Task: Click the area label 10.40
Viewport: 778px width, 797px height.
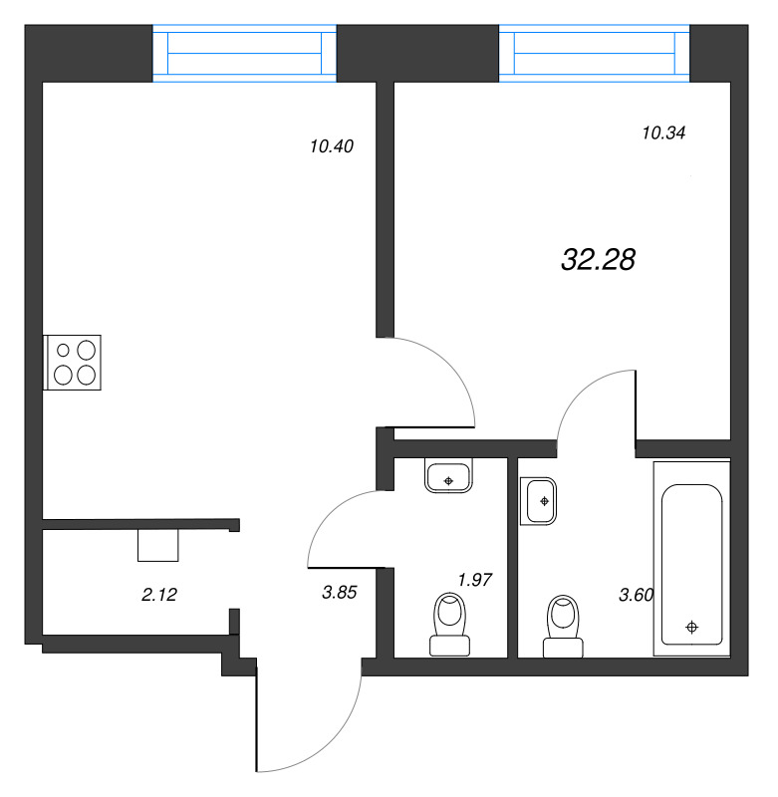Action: pyautogui.click(x=332, y=146)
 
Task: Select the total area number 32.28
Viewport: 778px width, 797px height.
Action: pyautogui.click(x=598, y=260)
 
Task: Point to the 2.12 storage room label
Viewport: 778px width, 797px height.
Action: pyautogui.click(x=159, y=595)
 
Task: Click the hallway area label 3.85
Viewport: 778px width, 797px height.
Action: pyautogui.click(x=339, y=592)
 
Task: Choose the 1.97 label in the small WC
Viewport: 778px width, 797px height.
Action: pyautogui.click(x=475, y=579)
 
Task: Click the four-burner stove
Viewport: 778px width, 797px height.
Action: pyautogui.click(x=73, y=362)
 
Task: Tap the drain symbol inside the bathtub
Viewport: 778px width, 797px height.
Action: pyautogui.click(x=691, y=627)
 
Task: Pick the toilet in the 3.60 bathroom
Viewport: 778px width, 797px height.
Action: pyautogui.click(x=563, y=627)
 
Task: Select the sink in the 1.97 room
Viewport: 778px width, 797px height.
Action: pyautogui.click(x=448, y=477)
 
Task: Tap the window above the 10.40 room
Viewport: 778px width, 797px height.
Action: pyautogui.click(x=244, y=53)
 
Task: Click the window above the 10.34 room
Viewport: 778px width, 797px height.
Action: pyautogui.click(x=594, y=53)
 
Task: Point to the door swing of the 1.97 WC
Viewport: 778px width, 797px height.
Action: pyautogui.click(x=344, y=528)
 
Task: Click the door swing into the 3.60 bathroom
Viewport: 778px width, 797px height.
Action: pyautogui.click(x=595, y=403)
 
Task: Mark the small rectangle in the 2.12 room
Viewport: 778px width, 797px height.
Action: pyautogui.click(x=157, y=546)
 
